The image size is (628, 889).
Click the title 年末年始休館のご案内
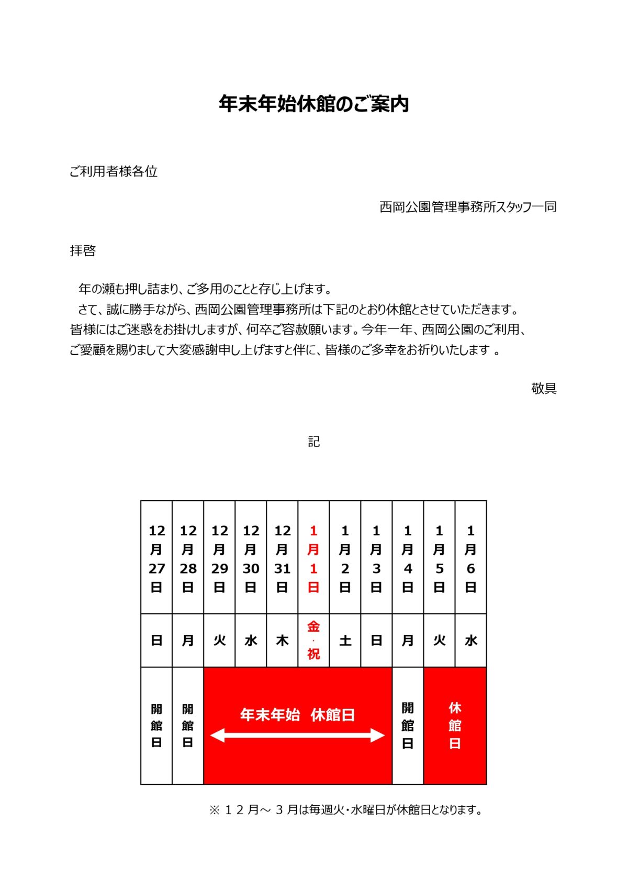point(313,104)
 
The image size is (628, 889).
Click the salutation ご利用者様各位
point(114,171)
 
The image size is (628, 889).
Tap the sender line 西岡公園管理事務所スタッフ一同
point(468,207)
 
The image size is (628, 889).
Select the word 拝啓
point(83,251)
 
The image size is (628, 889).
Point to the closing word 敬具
point(544,388)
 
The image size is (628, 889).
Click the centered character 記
point(314,442)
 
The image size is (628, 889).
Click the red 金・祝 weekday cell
point(313,640)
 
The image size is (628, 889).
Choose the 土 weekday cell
point(345,641)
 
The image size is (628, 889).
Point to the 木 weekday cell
point(282,641)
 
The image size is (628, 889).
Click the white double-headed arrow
point(297,736)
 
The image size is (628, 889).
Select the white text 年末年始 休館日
point(297,715)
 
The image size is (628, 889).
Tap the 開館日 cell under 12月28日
point(188,726)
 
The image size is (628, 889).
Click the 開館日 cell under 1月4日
point(408,726)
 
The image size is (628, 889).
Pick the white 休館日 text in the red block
point(455,726)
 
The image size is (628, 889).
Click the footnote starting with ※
point(345,810)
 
